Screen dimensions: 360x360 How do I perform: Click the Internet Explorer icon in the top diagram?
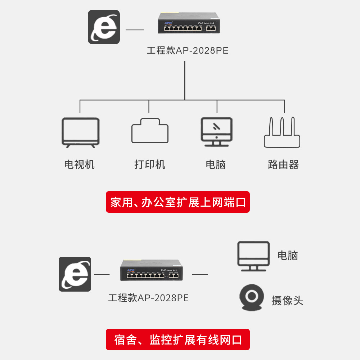click(x=104, y=27)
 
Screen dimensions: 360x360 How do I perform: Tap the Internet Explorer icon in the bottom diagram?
click(x=75, y=274)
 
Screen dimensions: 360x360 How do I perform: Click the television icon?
click(x=80, y=132)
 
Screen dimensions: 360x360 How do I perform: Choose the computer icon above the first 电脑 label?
click(x=216, y=131)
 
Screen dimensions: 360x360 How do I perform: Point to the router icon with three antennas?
click(x=282, y=132)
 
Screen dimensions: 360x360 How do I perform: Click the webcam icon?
click(x=252, y=298)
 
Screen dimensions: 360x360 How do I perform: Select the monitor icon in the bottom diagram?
click(x=253, y=256)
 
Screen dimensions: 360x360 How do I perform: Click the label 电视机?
click(x=80, y=165)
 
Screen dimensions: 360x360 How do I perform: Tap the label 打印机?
click(x=150, y=165)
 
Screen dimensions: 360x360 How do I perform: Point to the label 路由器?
click(x=283, y=165)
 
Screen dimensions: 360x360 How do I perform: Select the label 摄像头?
click(x=287, y=301)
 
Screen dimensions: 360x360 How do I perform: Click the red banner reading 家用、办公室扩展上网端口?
click(x=178, y=202)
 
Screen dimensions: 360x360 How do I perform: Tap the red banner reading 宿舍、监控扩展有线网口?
click(x=178, y=339)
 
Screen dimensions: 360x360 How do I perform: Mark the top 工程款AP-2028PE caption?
click(x=188, y=50)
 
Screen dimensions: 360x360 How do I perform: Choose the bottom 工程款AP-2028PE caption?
click(x=148, y=298)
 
